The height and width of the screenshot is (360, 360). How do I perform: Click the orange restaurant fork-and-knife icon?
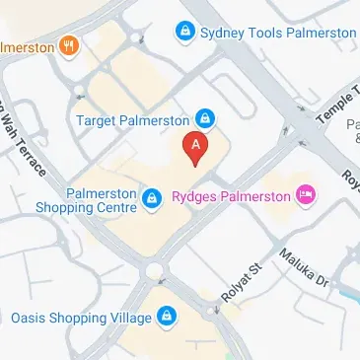click(69, 45)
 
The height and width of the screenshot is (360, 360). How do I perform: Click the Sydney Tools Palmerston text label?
click(278, 34)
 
